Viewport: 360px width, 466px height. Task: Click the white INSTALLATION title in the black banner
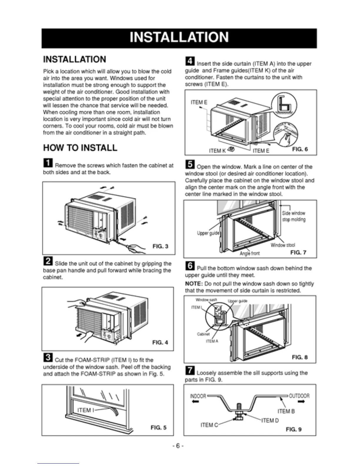click(179, 38)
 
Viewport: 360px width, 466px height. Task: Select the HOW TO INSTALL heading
click(80, 148)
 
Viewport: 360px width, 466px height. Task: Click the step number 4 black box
click(190, 61)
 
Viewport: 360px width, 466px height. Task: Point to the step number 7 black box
click(190, 370)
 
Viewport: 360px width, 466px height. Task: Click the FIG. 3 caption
click(160, 246)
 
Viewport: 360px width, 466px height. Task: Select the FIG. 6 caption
click(300, 149)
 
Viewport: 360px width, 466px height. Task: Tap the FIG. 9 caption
click(294, 429)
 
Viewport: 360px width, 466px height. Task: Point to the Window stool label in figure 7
click(283, 245)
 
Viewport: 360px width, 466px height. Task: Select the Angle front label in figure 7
click(249, 253)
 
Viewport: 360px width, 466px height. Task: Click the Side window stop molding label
click(294, 216)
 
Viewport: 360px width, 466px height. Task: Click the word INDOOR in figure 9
click(198, 396)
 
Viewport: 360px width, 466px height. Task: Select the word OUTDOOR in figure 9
click(299, 396)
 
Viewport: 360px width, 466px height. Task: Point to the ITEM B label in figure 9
click(286, 411)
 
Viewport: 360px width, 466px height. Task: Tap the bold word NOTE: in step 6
click(194, 284)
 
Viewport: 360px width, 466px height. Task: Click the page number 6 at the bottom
click(178, 446)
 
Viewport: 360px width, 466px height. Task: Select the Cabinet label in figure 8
click(203, 334)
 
